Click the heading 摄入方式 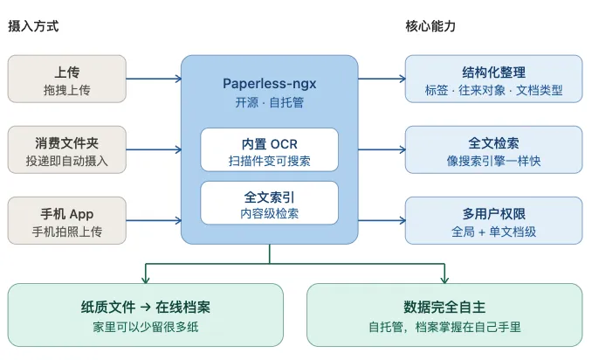point(33,26)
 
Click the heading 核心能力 point(430,26)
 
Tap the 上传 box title point(67,72)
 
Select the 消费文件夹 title point(67,142)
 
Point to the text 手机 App point(67,214)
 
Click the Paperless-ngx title point(270,84)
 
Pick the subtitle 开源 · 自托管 point(270,102)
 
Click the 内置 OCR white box point(270,149)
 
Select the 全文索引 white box point(270,203)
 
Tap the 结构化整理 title point(494,72)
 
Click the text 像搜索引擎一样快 point(494,161)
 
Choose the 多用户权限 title point(494,214)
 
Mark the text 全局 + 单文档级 point(494,232)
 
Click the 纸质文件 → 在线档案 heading point(145,307)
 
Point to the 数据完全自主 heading point(444,307)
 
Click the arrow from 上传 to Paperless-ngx point(154,79)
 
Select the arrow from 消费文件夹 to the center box point(154,149)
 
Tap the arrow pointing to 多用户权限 point(382,220)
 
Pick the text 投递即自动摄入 point(67,161)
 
